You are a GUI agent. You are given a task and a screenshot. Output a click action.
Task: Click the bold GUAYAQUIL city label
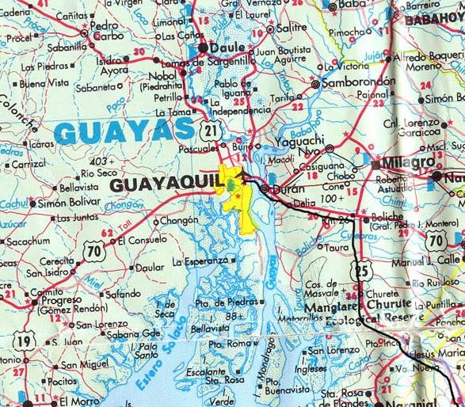[162, 184]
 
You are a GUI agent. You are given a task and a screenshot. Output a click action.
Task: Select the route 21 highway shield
[210, 130]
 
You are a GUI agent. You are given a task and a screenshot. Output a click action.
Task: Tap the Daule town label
[227, 48]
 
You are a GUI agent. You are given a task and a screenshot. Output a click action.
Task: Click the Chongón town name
[178, 223]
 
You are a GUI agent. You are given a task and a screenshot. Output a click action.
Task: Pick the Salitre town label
[293, 28]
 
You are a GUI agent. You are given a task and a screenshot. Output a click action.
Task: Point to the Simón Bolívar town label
[69, 203]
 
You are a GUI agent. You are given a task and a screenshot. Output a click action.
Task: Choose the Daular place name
[150, 268]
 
